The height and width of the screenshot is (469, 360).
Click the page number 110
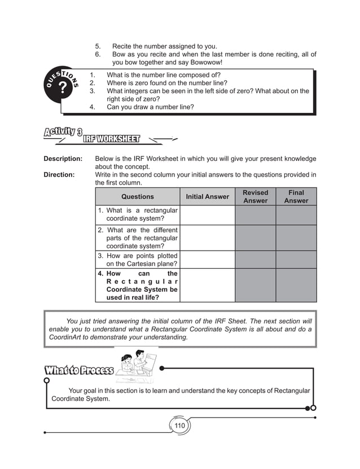click(179, 426)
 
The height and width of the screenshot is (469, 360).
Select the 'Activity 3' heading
click(62, 133)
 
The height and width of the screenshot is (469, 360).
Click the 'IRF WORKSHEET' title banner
click(111, 139)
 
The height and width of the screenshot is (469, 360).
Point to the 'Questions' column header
click(137, 197)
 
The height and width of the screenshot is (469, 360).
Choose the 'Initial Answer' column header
click(207, 197)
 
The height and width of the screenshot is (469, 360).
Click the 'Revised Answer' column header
click(255, 197)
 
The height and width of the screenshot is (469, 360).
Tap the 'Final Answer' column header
click(296, 197)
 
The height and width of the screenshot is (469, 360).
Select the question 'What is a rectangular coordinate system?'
click(142, 215)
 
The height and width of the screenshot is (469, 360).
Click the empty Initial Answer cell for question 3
click(207, 260)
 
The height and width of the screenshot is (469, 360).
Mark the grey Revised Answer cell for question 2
click(255, 238)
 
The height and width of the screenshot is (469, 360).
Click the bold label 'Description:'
click(63, 159)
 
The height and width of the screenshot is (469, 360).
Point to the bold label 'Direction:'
click(59, 175)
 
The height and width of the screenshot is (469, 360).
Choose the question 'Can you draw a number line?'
click(150, 106)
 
